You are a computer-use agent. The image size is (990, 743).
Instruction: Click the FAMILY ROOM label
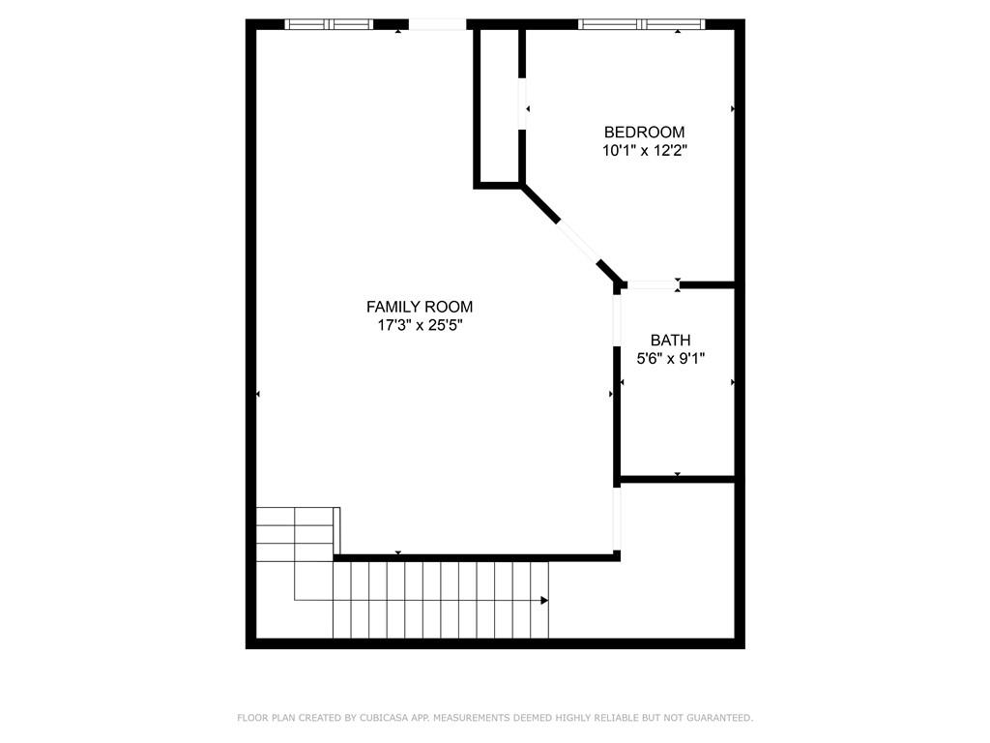[x=420, y=307]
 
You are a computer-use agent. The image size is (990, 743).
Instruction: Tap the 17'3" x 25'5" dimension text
[x=420, y=326]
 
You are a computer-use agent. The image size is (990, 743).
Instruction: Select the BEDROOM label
[x=644, y=132]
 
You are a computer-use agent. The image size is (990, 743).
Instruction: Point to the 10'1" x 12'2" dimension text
[x=644, y=151]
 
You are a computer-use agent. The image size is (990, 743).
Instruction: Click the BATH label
[x=670, y=341]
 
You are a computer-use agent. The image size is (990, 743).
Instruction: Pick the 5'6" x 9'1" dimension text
[x=670, y=359]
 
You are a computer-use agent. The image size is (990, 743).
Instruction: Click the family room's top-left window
[x=329, y=24]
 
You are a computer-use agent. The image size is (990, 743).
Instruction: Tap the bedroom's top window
[x=641, y=24]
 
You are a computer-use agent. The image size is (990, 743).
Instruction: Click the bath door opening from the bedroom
[x=652, y=284]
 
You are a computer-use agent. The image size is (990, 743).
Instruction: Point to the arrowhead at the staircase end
[x=544, y=601]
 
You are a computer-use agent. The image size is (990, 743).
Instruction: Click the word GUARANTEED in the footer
[x=716, y=718]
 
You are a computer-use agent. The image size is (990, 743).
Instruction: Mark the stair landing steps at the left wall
[x=296, y=534]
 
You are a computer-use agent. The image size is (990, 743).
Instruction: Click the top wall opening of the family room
[x=438, y=24]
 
